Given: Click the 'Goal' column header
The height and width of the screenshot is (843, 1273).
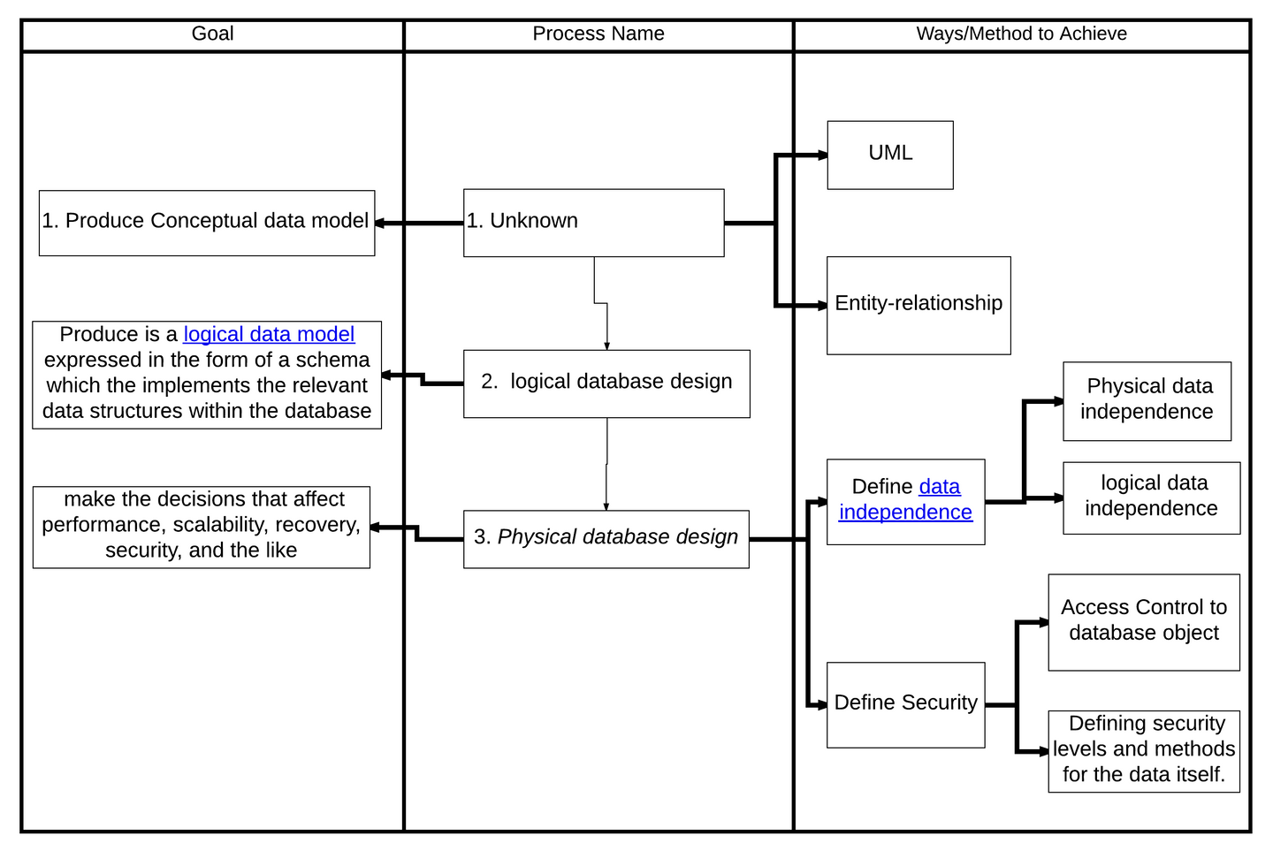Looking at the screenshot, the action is click(212, 34).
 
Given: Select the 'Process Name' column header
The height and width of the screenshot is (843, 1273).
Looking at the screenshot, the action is click(598, 34).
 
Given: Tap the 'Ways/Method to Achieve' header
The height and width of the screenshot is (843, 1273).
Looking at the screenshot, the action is click(1021, 34).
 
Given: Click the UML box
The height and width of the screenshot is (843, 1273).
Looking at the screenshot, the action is click(890, 156).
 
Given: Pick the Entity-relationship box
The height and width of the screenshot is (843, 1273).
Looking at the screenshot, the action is click(919, 306).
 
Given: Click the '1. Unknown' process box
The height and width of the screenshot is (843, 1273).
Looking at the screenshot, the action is click(594, 223).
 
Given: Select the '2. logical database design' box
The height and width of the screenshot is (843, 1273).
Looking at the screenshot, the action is click(606, 384).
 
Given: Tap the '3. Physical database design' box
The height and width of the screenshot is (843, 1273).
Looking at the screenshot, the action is click(606, 539).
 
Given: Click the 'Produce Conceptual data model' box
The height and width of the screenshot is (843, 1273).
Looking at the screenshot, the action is click(207, 224).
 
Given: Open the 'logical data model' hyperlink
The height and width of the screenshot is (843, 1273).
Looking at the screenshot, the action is click(269, 334).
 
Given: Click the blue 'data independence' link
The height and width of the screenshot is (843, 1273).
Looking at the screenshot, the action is click(905, 500).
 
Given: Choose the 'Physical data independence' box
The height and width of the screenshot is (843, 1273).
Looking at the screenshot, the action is click(1147, 401).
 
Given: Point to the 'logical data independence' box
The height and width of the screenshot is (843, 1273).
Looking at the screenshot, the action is click(1151, 498).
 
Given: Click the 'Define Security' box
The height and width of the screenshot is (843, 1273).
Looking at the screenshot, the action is click(905, 705).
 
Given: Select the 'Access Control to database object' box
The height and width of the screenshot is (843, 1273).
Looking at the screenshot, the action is click(1144, 623).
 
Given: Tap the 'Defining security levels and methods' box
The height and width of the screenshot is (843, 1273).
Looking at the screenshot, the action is click(1144, 751).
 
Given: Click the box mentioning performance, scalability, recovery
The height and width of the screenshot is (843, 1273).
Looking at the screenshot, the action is click(202, 528).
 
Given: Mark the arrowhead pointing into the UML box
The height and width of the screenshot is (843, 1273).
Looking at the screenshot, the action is click(822, 156).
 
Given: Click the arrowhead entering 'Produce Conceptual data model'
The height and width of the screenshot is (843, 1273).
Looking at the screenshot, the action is click(380, 224).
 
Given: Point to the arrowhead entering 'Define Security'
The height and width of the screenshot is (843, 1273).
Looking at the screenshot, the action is click(822, 705).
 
